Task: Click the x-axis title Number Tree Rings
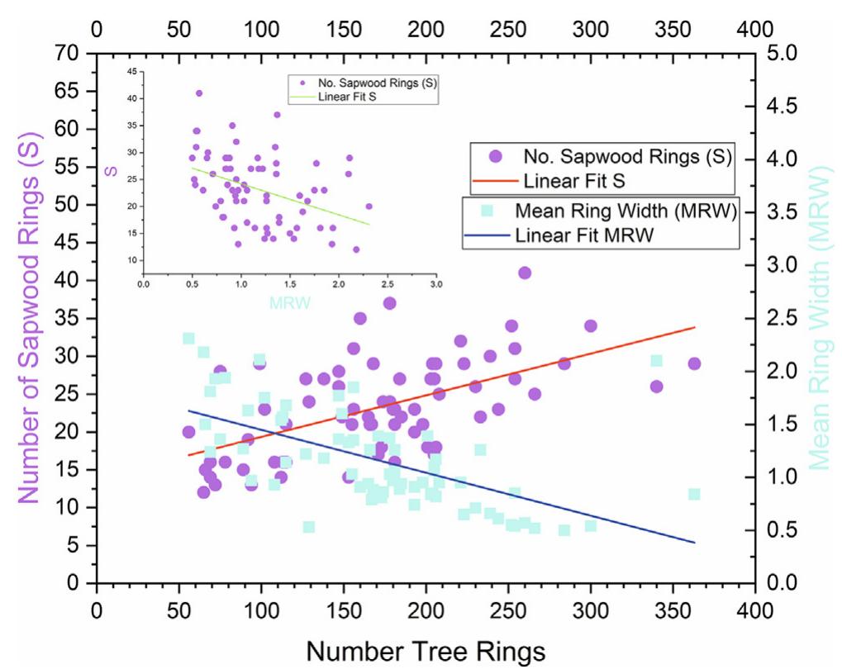pyautogui.click(x=425, y=650)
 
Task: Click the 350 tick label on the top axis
pyautogui.click(x=672, y=29)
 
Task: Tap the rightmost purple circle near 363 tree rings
pyautogui.click(x=694, y=363)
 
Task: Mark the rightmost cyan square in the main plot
pyautogui.click(x=694, y=494)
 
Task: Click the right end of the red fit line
pyautogui.click(x=694, y=327)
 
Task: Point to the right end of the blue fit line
pyautogui.click(x=694, y=543)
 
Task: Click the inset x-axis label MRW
pyautogui.click(x=290, y=303)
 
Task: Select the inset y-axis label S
pyautogui.click(x=107, y=171)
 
